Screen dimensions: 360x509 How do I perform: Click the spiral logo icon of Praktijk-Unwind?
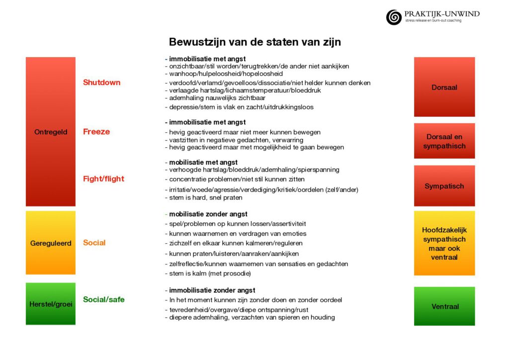pos(394,17)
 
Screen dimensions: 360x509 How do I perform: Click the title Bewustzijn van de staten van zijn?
pos(254,42)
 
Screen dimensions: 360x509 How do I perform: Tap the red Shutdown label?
pos(101,83)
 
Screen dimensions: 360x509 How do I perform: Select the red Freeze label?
pos(96,132)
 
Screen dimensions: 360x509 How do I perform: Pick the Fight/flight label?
pos(103,179)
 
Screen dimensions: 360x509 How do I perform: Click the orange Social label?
pos(94,243)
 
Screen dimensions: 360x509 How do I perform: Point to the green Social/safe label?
pos(103,299)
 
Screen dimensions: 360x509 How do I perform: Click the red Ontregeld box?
pos(51,132)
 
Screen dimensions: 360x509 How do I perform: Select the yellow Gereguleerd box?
pos(51,243)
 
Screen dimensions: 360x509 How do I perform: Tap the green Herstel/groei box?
pos(51,304)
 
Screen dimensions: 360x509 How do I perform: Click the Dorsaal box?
pos(444,87)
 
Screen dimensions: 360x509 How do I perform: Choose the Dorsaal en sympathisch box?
pos(444,141)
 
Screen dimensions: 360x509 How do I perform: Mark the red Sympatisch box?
pos(444,186)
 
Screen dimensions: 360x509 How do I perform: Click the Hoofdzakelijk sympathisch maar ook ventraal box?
pos(444,244)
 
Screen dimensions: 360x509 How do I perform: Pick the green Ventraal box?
pos(444,306)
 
